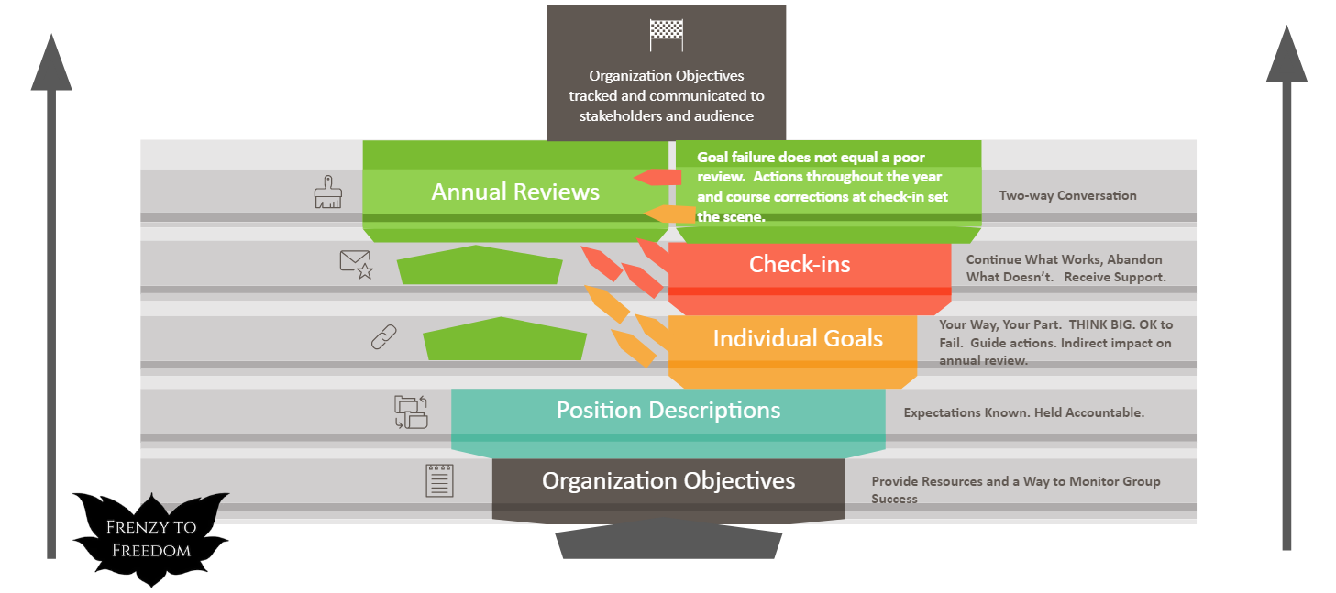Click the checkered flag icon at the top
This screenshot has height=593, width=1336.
(x=667, y=36)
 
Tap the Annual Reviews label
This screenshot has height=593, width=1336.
(x=515, y=192)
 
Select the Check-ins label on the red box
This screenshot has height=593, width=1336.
(x=800, y=265)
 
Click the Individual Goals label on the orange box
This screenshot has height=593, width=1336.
(x=798, y=338)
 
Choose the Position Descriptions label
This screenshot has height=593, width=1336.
(x=668, y=410)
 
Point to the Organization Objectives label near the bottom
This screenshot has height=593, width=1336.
(x=668, y=480)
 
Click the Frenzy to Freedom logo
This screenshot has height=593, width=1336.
(x=150, y=538)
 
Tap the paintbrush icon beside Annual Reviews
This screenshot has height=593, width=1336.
(x=327, y=192)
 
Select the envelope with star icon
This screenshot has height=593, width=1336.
(x=356, y=264)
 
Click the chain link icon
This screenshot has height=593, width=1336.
(x=383, y=337)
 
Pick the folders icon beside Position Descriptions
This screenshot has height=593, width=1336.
(x=411, y=412)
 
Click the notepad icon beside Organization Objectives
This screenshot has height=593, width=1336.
(x=439, y=480)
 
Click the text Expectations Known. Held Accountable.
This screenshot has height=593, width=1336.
(x=1023, y=412)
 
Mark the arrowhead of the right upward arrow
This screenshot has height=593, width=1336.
(x=1286, y=55)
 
